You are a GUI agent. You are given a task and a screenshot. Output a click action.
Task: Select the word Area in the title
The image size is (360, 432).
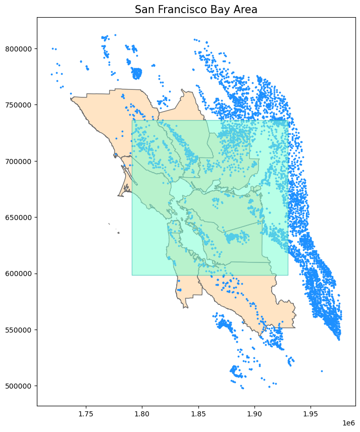pos(245,10)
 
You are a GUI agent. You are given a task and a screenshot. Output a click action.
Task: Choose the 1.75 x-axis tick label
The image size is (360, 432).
pos(86,414)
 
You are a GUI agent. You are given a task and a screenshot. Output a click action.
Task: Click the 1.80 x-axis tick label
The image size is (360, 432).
pos(142,414)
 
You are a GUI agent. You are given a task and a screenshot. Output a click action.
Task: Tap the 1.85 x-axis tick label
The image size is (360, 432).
pos(198,414)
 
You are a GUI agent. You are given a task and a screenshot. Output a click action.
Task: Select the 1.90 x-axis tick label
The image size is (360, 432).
pos(254,414)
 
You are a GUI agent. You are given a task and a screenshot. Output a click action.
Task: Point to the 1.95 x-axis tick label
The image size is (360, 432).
pos(311,414)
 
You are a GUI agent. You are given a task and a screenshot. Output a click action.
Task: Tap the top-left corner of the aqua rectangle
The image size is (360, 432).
pos(132,120)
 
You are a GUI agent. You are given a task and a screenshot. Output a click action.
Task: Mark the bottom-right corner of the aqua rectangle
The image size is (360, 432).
pos(288,275)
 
